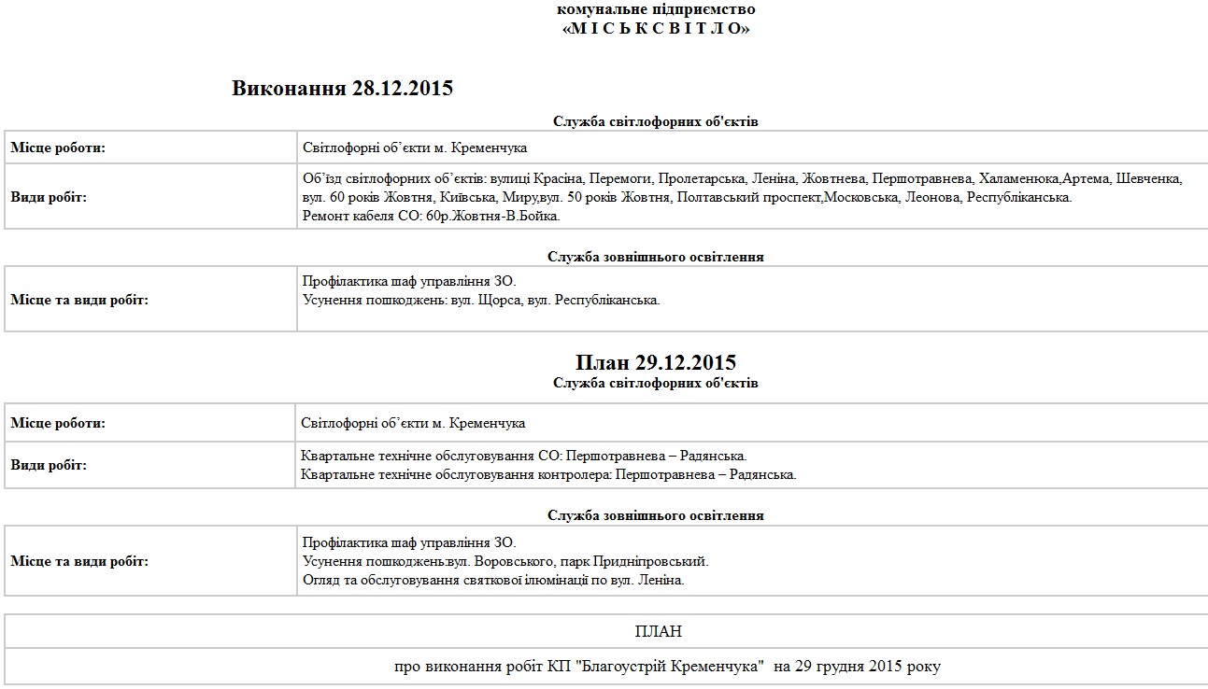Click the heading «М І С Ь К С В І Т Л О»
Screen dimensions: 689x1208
click(656, 28)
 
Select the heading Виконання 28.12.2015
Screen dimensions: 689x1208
click(342, 89)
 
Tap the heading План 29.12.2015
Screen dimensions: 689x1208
click(656, 362)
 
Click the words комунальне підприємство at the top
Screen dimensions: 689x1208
click(656, 9)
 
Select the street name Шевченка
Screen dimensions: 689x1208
click(1149, 178)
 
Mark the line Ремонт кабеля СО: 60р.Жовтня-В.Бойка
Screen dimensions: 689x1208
click(432, 216)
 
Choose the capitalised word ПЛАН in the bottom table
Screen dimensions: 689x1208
click(658, 632)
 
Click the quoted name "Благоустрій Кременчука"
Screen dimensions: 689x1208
click(672, 667)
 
